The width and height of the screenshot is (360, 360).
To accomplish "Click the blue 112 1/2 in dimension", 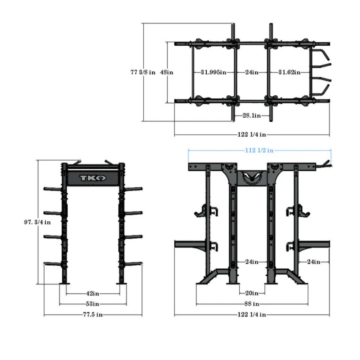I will pos(259,150).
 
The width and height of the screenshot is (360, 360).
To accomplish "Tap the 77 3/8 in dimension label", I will pos(143,72).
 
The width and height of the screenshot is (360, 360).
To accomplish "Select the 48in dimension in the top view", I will pos(167,72).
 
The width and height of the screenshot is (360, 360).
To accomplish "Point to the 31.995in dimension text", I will pos(213,72).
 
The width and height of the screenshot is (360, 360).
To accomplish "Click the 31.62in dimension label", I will pos(289,72).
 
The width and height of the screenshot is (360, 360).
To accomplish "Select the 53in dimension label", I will pos(93,304).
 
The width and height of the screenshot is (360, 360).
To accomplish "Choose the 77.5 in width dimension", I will pos(93,315).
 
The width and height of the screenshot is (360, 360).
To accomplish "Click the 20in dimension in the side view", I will pos(252,293).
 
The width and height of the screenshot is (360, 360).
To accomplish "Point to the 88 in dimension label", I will pos(252,304).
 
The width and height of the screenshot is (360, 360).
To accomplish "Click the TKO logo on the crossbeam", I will pos(93,178).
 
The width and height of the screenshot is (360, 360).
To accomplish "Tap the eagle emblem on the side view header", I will pos(252,177).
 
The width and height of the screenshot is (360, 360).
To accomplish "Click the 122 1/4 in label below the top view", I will pos(252,135).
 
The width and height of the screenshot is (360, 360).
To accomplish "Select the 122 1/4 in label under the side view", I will pos(252,315).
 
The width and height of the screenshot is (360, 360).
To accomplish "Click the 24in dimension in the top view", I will pos(252,72).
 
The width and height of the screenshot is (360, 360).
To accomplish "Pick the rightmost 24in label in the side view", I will pos(313,262).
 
